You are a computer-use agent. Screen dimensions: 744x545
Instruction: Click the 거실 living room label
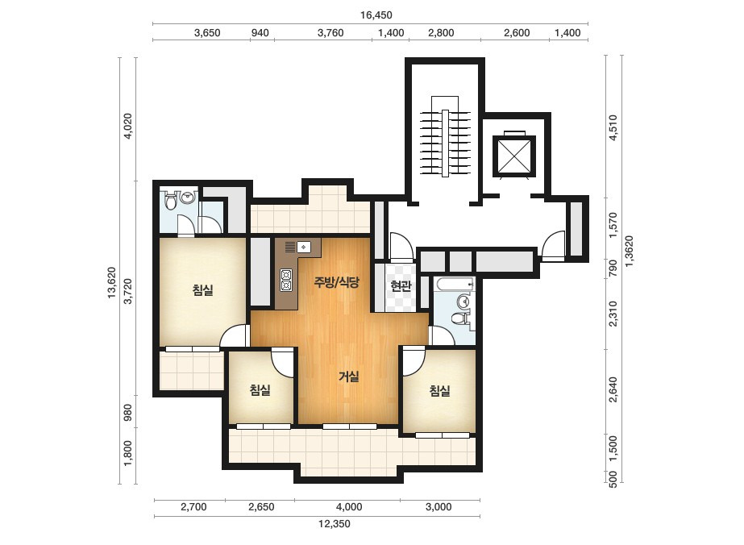click(349, 377)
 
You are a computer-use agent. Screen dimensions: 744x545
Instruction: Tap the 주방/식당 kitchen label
click(336, 282)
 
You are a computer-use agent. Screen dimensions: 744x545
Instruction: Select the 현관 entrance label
click(401, 285)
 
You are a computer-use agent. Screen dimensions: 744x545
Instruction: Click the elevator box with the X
click(514, 156)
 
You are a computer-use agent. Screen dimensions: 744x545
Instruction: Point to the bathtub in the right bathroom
click(454, 285)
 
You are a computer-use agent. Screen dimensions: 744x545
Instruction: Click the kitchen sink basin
click(304, 248)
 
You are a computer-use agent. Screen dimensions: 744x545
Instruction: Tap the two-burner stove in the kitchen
click(286, 280)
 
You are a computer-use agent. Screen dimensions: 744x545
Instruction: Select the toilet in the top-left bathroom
click(170, 201)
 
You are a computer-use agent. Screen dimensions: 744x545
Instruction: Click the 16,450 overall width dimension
click(376, 15)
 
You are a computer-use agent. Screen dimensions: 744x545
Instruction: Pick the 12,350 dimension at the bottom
click(334, 524)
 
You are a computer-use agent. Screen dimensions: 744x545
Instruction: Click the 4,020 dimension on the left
click(127, 127)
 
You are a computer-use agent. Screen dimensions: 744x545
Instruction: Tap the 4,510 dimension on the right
click(613, 127)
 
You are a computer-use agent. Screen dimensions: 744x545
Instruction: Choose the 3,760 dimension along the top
click(330, 33)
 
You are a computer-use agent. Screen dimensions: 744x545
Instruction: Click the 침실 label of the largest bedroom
click(202, 289)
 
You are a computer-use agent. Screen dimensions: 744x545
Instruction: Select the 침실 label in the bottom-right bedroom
click(439, 391)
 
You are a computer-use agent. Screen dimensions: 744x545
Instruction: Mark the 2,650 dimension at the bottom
click(261, 506)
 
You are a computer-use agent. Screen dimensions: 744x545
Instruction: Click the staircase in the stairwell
click(445, 137)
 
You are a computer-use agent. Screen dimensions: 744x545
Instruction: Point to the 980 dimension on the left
click(127, 412)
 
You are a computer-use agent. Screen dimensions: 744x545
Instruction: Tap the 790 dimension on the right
click(613, 268)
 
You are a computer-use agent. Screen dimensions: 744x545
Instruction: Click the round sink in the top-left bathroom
click(189, 197)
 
